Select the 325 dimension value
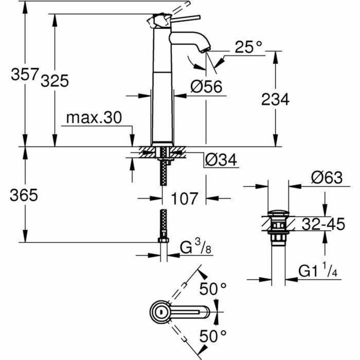tap(55, 81)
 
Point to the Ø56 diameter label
tap(206, 87)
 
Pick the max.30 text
tap(94, 118)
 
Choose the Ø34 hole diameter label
tap(221, 160)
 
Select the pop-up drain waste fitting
tap(278, 226)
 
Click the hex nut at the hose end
tap(164, 241)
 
